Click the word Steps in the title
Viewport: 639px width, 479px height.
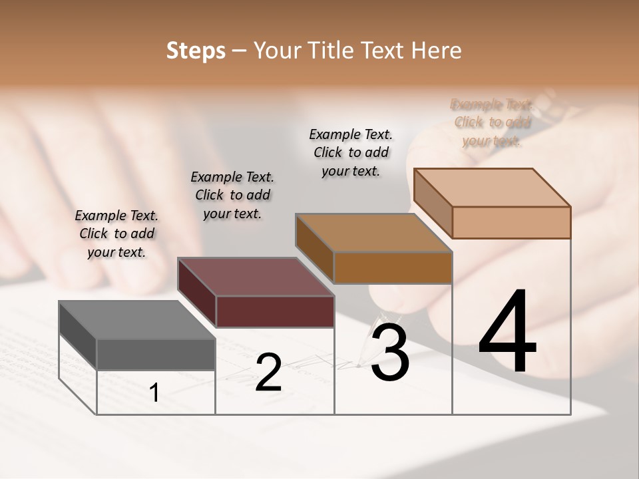point(196,51)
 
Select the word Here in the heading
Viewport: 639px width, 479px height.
point(437,51)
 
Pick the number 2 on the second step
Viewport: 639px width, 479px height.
point(268,373)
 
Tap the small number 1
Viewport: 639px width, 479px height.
point(154,393)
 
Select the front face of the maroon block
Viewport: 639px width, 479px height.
point(275,311)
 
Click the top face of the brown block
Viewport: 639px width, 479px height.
point(373,233)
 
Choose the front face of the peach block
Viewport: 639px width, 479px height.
point(511,222)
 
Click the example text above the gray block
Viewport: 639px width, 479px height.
point(116,234)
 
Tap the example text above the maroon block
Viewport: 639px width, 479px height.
point(232,195)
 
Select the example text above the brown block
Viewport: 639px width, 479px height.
point(351,152)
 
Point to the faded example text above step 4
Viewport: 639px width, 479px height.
point(492,122)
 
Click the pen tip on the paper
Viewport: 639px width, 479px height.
point(359,365)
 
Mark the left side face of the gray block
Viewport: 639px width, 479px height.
point(78,335)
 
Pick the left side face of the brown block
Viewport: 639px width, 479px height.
point(314,247)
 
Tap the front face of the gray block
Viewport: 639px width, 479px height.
point(156,354)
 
